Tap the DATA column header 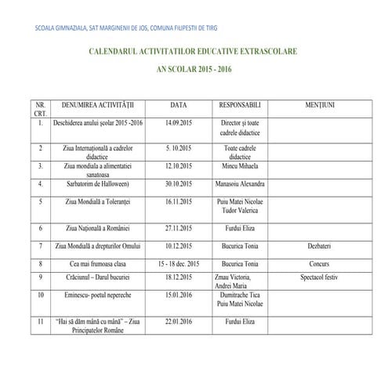pos(178,104)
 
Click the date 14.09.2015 pos(178,124)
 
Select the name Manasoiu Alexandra pos(242,184)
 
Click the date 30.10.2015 pos(178,184)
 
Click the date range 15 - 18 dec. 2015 pos(178,264)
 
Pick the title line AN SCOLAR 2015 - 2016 pos(194,69)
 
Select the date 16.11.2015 pos(178,202)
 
